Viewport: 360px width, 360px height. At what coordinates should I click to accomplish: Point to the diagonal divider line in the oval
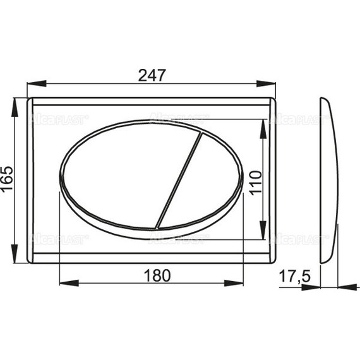pyautogui.click(x=178, y=178)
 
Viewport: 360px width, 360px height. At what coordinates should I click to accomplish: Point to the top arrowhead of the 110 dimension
pyautogui.click(x=264, y=123)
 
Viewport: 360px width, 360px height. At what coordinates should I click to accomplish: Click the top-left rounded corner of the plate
pyautogui.click(x=32, y=102)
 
